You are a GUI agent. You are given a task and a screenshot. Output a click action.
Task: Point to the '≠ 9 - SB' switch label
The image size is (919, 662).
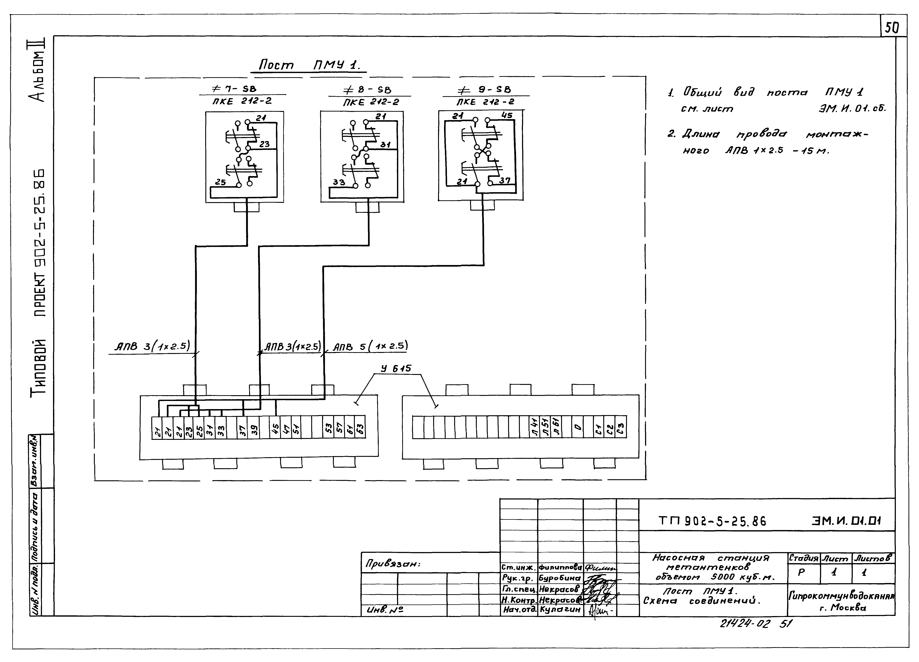[x=484, y=89]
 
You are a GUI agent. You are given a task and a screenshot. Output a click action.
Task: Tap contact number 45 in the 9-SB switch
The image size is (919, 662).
[x=506, y=115]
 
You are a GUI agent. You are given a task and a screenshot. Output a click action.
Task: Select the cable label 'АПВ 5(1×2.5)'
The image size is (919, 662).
[x=370, y=346]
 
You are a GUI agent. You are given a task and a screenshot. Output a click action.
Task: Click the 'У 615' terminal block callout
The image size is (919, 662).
[x=396, y=368]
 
